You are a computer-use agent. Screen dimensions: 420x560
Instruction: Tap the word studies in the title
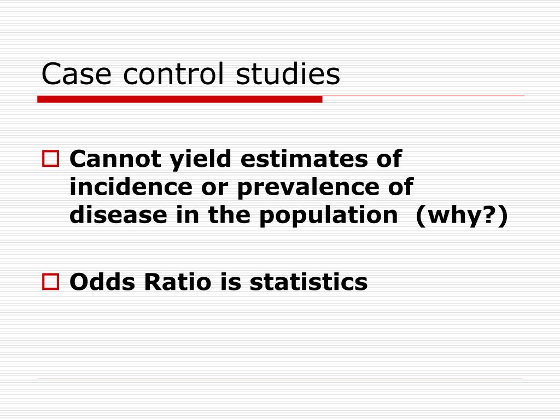tap(288, 74)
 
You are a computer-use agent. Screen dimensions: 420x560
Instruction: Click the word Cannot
tap(115, 160)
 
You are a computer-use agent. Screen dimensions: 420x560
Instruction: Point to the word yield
tap(199, 160)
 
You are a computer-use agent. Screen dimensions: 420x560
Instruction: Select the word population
tap(329, 215)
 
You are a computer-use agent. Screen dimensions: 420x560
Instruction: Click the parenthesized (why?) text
tap(462, 215)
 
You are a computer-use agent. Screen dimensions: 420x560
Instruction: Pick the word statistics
tap(309, 282)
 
